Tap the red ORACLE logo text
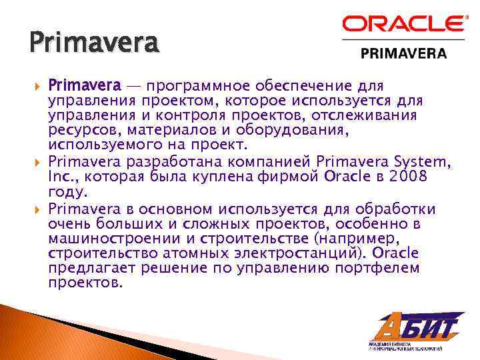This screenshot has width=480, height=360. click(x=404, y=25)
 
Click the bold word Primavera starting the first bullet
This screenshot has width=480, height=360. click(x=85, y=86)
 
